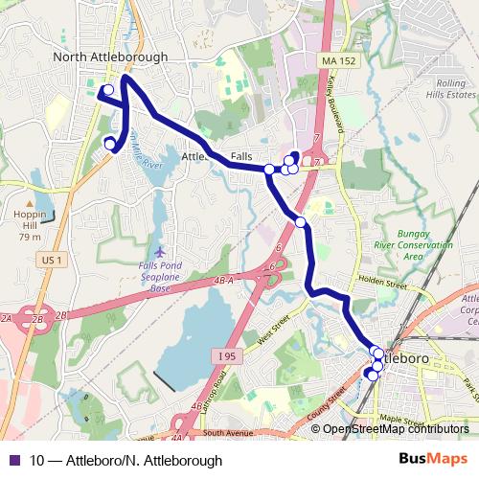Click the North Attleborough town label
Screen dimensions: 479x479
[x=110, y=57]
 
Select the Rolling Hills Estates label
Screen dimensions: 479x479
[x=449, y=89]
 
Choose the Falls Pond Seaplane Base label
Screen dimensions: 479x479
[x=159, y=277]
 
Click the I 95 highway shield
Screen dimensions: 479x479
[x=226, y=357]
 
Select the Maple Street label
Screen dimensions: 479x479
[x=400, y=420]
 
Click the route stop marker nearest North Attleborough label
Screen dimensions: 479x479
[x=108, y=90]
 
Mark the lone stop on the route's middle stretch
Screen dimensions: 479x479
[x=301, y=222]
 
